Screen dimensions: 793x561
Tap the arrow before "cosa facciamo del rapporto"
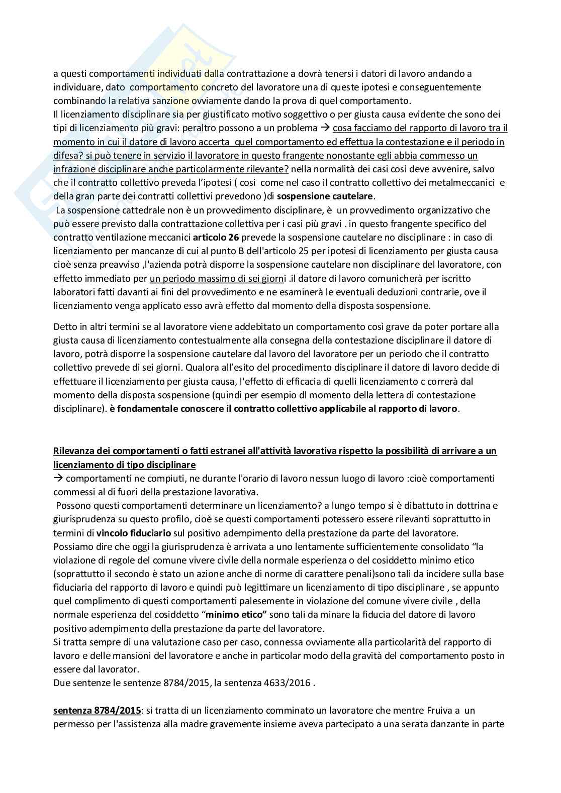pos(325,128)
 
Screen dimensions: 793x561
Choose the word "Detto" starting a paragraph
pos(64,326)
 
